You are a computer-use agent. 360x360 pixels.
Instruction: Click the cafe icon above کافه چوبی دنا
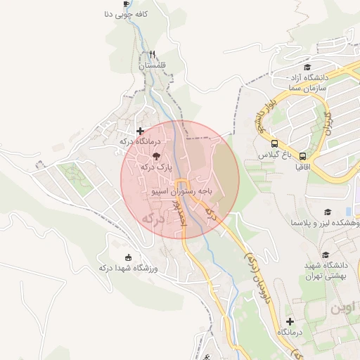(x=126, y=3)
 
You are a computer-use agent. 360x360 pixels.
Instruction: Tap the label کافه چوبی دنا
(x=127, y=13)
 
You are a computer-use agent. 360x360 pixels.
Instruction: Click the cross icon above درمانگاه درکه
(x=140, y=131)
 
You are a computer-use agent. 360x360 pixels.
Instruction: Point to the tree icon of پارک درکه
(x=155, y=157)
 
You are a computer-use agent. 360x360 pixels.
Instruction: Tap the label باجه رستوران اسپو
(x=181, y=191)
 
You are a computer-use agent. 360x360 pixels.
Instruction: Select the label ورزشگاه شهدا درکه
(x=127, y=268)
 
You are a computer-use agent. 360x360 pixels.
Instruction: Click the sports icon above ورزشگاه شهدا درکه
(x=127, y=257)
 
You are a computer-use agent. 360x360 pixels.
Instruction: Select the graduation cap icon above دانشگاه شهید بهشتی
(x=325, y=255)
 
